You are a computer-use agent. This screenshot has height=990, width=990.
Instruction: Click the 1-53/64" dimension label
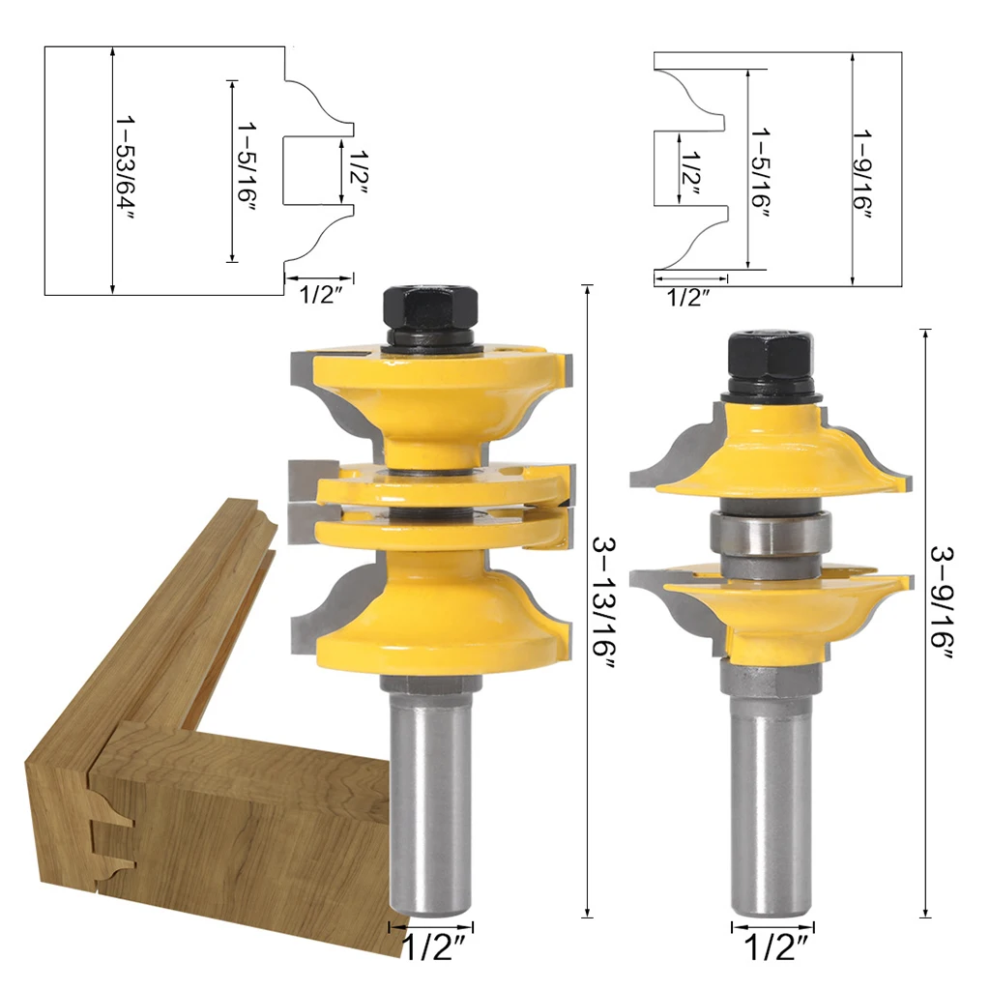pos(125,168)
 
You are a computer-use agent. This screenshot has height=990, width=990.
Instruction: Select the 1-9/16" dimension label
pos(863,174)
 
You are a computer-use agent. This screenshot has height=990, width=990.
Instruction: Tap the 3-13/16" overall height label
pos(603,602)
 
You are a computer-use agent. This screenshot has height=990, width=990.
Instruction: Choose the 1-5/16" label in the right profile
pos(761,172)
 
